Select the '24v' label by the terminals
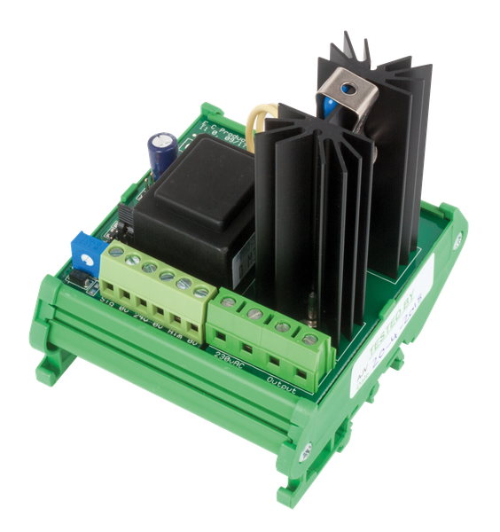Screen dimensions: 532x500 click(x=142, y=316)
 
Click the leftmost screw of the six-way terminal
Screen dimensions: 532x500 click(x=116, y=254)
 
